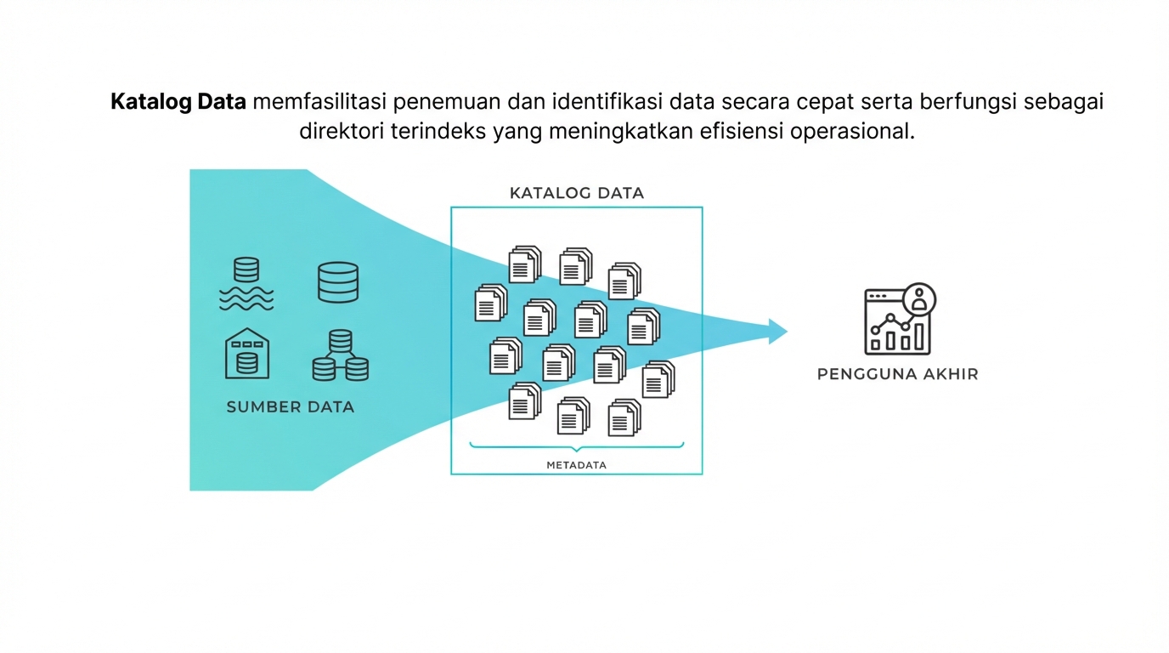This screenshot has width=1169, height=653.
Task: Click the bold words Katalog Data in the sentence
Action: (x=178, y=103)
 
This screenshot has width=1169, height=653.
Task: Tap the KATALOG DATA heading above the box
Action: (x=577, y=193)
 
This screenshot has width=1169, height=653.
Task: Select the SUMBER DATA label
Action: (x=290, y=406)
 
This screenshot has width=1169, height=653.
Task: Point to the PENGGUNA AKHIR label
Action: (x=897, y=373)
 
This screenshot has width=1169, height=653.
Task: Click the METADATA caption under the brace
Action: (x=577, y=465)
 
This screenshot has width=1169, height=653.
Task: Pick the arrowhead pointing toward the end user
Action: (x=777, y=331)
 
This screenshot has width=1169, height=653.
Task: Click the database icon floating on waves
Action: (x=246, y=283)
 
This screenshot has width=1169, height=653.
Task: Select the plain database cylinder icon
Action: (x=338, y=282)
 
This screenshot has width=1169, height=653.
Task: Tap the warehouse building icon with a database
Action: (x=246, y=354)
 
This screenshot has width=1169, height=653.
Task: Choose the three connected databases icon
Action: (x=340, y=355)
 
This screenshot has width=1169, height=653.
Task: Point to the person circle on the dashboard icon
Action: (x=920, y=299)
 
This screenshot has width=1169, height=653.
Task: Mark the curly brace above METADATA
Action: (x=577, y=446)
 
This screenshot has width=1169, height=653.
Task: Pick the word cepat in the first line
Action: (x=828, y=103)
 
